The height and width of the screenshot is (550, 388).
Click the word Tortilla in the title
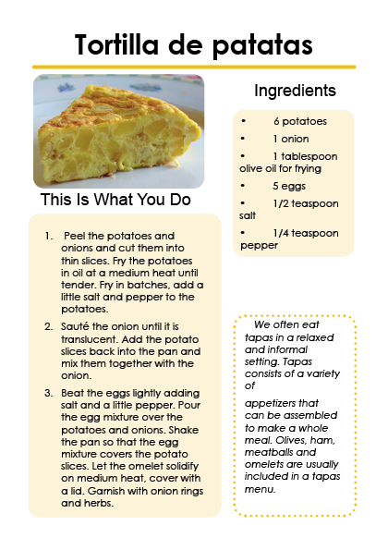coord(116,44)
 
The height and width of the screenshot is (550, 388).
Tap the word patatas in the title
coord(262,45)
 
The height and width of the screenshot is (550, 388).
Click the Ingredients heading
coord(295,91)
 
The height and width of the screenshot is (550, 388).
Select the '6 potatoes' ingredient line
coord(300,121)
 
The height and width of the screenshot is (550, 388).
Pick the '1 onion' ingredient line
coord(291,139)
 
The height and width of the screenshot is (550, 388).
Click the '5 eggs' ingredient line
coord(289,186)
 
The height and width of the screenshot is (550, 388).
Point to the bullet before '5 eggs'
coord(243,186)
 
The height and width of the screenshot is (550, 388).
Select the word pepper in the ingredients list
coord(259,246)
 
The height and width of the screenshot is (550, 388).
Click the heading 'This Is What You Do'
coord(115,200)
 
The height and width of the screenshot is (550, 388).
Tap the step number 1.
coord(49,236)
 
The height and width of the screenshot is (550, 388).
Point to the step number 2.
coord(48,327)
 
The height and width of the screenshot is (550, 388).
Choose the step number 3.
coord(48,393)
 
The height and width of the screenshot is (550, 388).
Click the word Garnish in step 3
coord(106,491)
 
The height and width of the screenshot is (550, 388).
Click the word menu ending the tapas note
coord(261,489)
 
